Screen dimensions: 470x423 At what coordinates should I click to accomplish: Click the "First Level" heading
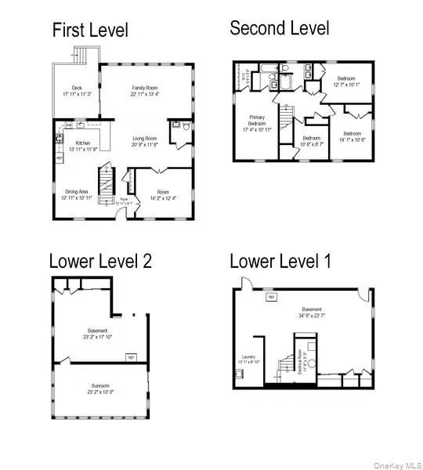click(89, 31)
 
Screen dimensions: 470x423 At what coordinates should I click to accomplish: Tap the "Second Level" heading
click(279, 28)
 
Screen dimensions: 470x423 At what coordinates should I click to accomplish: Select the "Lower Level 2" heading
click(100, 261)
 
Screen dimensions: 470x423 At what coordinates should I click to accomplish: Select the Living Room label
click(145, 142)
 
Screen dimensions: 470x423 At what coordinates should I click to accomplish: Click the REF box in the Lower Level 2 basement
click(130, 357)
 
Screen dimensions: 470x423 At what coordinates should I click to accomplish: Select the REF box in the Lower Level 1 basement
click(272, 298)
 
